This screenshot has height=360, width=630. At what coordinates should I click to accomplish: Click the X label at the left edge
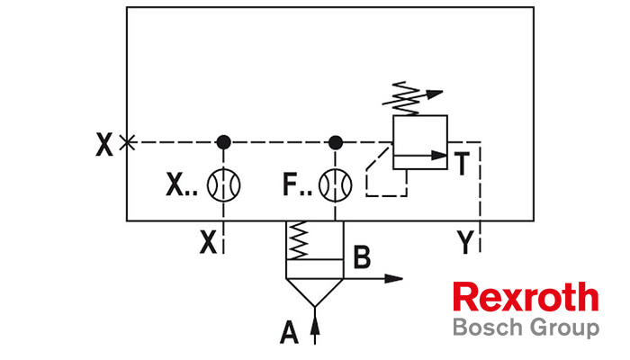pos(104,144)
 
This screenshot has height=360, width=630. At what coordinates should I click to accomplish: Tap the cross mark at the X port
pos(128,142)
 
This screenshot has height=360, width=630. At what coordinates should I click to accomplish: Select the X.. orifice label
pos(181,186)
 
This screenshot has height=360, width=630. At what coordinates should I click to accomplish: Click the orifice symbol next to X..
pos(223,186)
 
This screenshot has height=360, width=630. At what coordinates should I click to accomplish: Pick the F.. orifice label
pos(295,186)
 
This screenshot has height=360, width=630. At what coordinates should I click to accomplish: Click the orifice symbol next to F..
pos(336,186)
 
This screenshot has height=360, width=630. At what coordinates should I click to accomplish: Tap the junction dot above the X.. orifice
pos(223,142)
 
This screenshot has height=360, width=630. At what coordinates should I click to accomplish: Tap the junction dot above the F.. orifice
pos(336,142)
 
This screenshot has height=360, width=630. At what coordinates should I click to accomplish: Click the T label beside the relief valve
pos(461,165)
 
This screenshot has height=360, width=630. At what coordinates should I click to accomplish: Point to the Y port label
pos(464,241)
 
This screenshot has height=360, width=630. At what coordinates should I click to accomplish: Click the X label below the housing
pos(209,241)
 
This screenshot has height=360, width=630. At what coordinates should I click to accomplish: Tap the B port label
pos(361,258)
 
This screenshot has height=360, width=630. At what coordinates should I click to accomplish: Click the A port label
pos(289,334)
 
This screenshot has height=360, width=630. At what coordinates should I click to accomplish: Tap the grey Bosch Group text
pos(525,326)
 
